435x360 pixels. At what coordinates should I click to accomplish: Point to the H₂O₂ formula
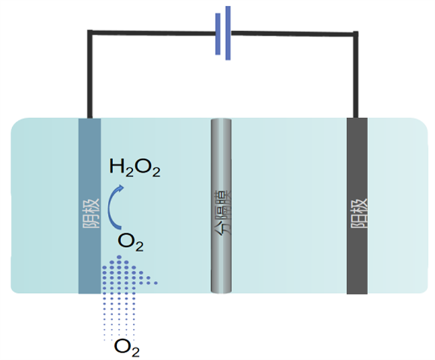click(x=135, y=169)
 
